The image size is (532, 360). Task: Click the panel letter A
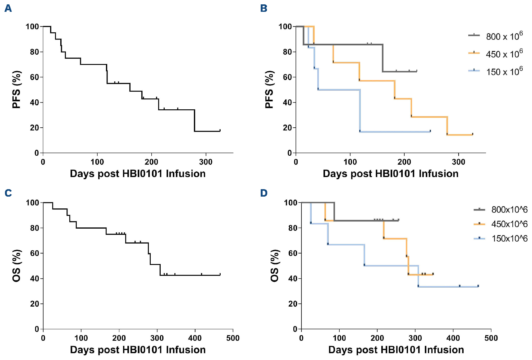pyautogui.click(x=8, y=8)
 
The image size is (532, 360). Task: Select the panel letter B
pyautogui.click(x=264, y=8)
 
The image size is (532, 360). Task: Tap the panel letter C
pyautogui.click(x=8, y=193)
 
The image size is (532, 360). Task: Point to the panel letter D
pyautogui.click(x=264, y=193)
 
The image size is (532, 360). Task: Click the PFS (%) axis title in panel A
pyautogui.click(x=16, y=89)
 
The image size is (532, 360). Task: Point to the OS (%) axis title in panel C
pyautogui.click(x=16, y=266)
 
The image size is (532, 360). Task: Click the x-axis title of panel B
pyautogui.click(x=391, y=173)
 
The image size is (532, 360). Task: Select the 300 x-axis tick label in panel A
pyautogui.click(x=206, y=162)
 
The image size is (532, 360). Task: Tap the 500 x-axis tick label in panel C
pyautogui.click(x=233, y=338)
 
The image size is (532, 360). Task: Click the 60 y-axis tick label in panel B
pyautogui.click(x=287, y=77)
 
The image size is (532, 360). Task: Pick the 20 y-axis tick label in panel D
pyautogui.click(x=293, y=304)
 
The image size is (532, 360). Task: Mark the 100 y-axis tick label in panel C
pyautogui.click(x=32, y=203)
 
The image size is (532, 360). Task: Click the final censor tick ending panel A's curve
pyautogui.click(x=220, y=130)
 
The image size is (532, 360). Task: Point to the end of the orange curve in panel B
pyautogui.click(x=473, y=134)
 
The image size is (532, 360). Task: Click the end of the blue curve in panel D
pyautogui.click(x=478, y=286)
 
